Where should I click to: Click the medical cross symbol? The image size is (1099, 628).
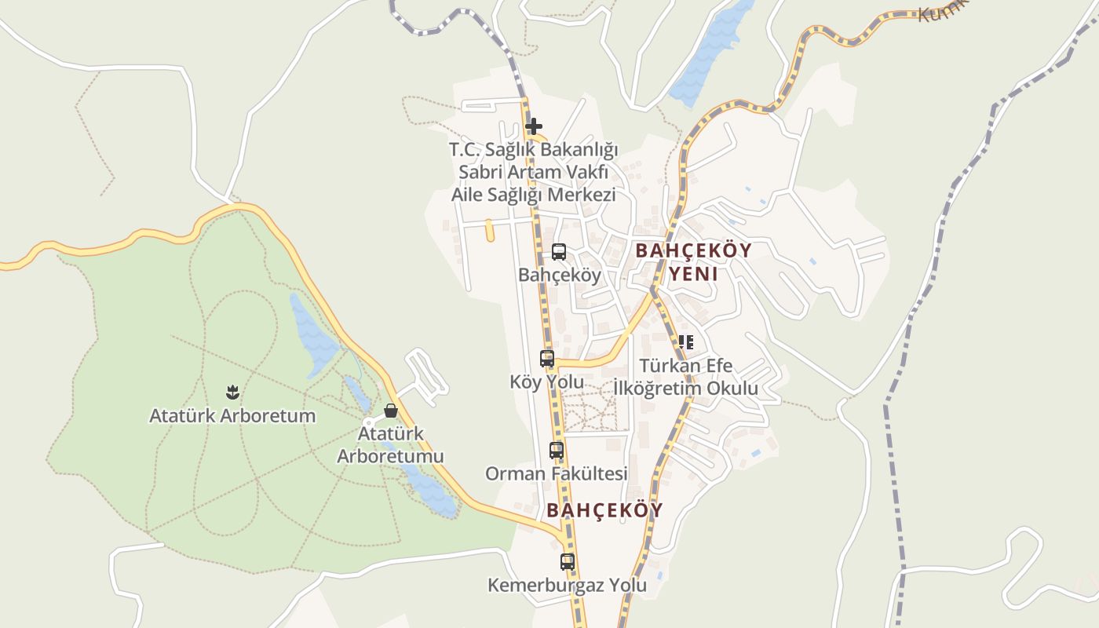534,126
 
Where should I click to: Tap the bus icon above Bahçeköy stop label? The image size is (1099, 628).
558,252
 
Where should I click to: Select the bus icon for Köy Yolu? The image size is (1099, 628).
547,359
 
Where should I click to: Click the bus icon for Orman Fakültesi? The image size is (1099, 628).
557,451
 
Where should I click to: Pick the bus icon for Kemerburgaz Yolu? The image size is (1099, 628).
568,562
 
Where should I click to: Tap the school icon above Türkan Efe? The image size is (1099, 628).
686,342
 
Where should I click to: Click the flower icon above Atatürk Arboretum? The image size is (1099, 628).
232,391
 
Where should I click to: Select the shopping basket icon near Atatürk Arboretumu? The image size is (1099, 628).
391,411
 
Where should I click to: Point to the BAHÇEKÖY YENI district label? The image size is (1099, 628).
693,262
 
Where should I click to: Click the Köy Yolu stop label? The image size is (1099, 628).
547,382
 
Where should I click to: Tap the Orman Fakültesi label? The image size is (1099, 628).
557,474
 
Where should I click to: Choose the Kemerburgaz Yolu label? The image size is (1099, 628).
568,586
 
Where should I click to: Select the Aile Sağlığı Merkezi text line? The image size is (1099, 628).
534,195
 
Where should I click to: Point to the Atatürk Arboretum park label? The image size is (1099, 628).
232,416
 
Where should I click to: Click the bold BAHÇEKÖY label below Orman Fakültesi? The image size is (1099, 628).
604,510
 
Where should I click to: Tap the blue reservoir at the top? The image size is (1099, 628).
710,51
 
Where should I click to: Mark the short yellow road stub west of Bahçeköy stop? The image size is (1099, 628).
489,230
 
